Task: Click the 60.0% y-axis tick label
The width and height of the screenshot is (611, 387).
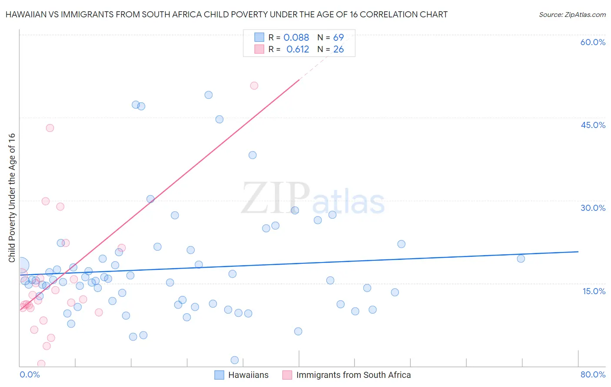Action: (x=593, y=42)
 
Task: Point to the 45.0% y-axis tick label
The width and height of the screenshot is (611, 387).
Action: (x=593, y=125)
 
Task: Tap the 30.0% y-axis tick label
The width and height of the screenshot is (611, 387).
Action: (x=593, y=208)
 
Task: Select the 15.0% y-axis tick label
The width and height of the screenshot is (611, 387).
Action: (x=594, y=291)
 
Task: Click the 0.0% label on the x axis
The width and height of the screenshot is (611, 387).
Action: (x=30, y=374)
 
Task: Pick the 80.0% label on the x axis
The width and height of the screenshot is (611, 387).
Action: (x=593, y=374)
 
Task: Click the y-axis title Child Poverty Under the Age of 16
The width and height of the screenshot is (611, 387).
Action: (x=12, y=197)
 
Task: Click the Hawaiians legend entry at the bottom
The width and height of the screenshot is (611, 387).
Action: (x=242, y=375)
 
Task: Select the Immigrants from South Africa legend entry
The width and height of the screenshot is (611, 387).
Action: (x=346, y=375)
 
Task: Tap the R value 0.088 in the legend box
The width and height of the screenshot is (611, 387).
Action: (x=296, y=38)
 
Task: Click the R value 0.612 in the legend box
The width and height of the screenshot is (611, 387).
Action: (x=297, y=49)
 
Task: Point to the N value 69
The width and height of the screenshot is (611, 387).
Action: (x=338, y=38)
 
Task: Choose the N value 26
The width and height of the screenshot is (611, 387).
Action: (x=338, y=49)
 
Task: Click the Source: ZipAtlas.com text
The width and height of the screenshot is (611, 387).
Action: (x=572, y=15)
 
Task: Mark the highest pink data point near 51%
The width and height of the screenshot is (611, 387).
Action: (x=254, y=86)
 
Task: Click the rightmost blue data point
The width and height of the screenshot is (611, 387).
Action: (x=521, y=259)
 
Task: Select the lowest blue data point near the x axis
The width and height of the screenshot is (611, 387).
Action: (x=235, y=360)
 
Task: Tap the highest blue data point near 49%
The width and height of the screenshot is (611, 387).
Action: (x=209, y=95)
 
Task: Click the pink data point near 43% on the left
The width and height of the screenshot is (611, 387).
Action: (x=50, y=128)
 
